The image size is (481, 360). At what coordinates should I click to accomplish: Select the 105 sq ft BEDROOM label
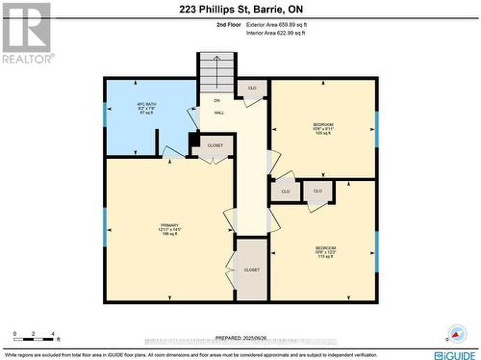(x=323, y=129)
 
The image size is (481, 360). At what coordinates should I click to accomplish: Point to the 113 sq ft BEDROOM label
(x=325, y=252)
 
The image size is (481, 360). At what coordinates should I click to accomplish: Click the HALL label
(x=218, y=113)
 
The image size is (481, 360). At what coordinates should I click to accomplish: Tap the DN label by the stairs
(x=216, y=100)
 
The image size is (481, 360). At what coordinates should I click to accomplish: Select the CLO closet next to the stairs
(x=251, y=88)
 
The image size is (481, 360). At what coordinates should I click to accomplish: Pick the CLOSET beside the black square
(x=215, y=145)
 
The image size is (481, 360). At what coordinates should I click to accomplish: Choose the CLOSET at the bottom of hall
(x=251, y=270)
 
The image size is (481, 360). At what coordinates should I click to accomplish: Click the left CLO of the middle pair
(x=285, y=192)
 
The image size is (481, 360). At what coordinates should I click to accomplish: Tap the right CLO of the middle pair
(x=317, y=192)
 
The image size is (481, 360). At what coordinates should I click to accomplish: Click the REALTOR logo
(x=25, y=33)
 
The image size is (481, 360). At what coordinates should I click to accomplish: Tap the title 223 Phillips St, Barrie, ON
(x=240, y=9)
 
